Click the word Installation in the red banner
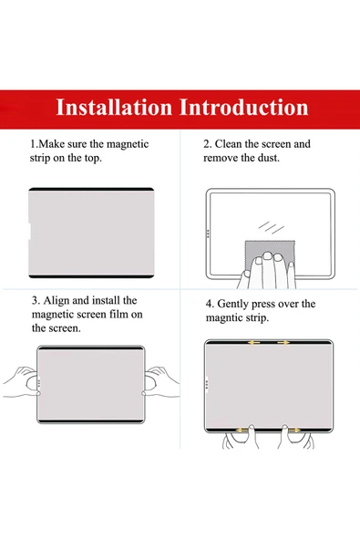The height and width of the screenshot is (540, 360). (x=114, y=107)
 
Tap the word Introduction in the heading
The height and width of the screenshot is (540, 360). (x=243, y=107)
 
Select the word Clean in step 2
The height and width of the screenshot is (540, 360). (x=228, y=144)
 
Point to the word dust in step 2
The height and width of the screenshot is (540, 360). (x=269, y=158)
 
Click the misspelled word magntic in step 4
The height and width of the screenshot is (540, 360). (x=222, y=318)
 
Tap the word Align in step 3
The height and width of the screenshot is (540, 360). (x=57, y=301)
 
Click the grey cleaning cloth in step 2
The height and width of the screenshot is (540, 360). (x=269, y=251)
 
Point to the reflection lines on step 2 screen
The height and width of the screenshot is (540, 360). (x=272, y=228)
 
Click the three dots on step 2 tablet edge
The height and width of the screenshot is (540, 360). (x=208, y=234)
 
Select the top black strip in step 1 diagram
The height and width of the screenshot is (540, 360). (x=91, y=189)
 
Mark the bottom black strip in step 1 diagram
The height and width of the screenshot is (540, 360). (x=91, y=276)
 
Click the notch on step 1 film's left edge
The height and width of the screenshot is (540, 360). (x=30, y=231)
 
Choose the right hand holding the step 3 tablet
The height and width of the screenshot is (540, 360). (x=160, y=382)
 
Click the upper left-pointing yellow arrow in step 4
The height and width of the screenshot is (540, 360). (x=254, y=343)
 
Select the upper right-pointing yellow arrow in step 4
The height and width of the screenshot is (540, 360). (x=283, y=343)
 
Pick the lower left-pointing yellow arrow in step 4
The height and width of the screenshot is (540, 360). (x=242, y=431)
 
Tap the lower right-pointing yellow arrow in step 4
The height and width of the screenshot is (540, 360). (x=293, y=431)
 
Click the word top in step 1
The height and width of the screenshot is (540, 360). (x=93, y=159)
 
